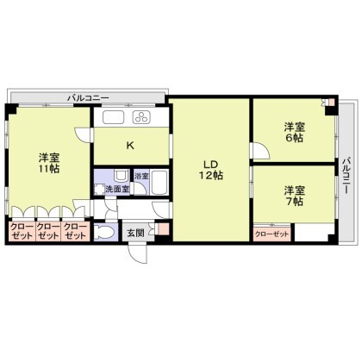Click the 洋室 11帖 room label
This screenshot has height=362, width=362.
point(49,163)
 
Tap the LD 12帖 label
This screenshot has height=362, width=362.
point(211,170)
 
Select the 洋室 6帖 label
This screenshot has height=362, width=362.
point(295,132)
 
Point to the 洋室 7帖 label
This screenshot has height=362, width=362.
point(295,196)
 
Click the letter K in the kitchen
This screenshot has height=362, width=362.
point(130,146)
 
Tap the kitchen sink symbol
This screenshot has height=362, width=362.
point(114,117)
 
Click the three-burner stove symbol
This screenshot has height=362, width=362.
point(141,117)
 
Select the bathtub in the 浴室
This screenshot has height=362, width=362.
point(159,183)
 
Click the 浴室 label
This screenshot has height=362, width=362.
point(141,176)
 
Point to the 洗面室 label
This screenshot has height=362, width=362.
point(117,189)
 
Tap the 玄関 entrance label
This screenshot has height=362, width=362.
point(135,233)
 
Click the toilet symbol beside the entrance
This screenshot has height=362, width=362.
point(103,232)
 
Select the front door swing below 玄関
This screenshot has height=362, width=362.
point(137,253)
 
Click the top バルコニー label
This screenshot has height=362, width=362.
point(88,98)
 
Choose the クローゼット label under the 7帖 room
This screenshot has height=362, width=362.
point(271,234)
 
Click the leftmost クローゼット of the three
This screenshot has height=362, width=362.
point(22,231)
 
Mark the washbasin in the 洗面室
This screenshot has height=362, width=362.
point(119,175)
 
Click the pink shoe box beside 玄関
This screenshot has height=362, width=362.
point(163,228)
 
